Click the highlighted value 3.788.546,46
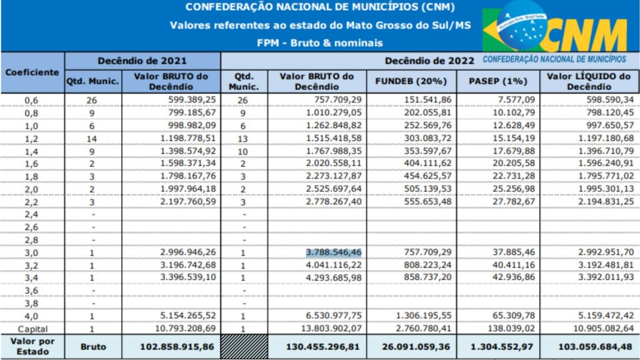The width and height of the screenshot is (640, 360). [334, 252]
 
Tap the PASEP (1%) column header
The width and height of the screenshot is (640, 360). [497, 82]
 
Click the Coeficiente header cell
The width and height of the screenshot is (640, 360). [32, 72]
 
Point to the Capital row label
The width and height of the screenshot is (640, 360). [32, 329]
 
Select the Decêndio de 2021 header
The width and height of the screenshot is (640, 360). [142, 61]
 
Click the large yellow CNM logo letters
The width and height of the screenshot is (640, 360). [584, 36]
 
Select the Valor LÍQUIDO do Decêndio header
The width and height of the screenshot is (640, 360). [588, 82]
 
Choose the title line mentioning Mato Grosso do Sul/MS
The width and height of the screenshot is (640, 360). [320, 26]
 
